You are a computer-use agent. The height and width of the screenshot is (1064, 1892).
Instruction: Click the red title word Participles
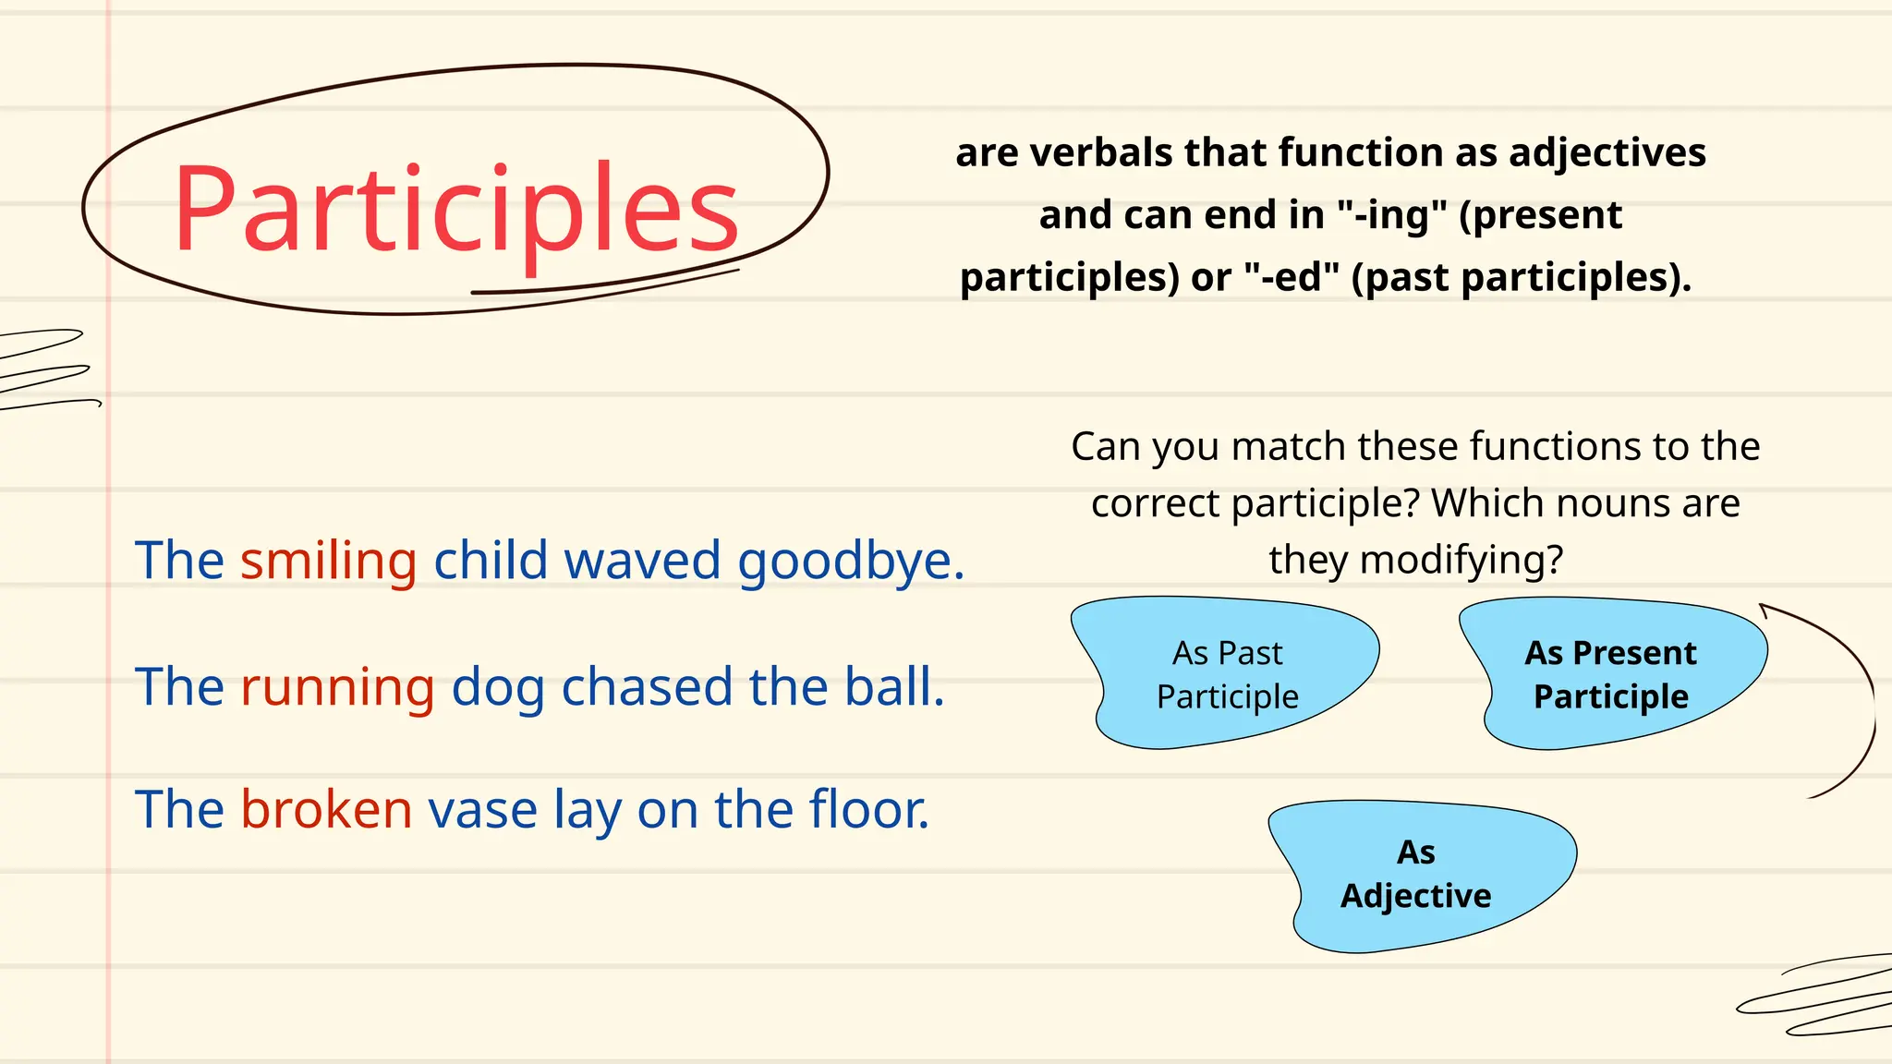(455, 209)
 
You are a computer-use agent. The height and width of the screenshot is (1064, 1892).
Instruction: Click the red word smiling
(328, 561)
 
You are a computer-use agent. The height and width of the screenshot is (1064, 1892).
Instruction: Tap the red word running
(337, 687)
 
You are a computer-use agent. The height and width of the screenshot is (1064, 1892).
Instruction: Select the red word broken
(326, 810)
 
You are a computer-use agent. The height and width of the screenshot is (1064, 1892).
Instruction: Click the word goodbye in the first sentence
(850, 561)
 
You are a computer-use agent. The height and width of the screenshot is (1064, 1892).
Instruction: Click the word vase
(482, 810)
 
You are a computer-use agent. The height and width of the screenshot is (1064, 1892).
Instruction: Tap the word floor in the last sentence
(868, 810)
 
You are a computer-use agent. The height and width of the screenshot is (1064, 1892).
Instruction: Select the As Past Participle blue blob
(1227, 674)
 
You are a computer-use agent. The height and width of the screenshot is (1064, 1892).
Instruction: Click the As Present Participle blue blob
(1611, 674)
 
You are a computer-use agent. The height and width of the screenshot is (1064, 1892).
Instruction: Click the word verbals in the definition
(1099, 152)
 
